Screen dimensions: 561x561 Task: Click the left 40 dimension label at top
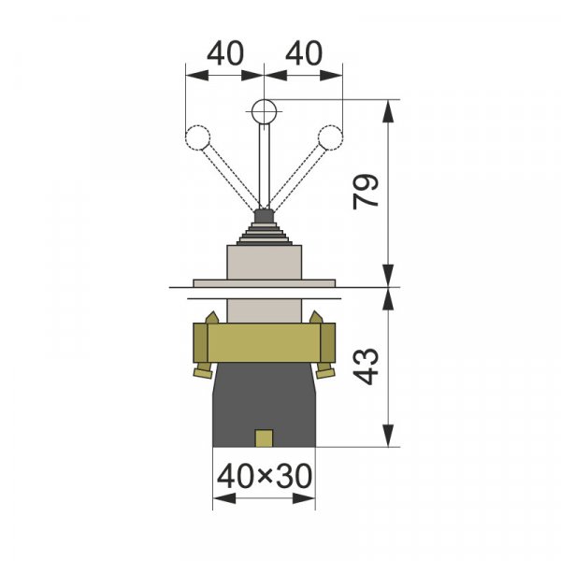(225, 53)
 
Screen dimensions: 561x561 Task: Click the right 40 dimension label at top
(304, 53)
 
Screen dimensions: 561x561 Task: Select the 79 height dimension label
(366, 192)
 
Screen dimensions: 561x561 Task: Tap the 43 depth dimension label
(366, 366)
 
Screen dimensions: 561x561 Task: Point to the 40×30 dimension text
(265, 476)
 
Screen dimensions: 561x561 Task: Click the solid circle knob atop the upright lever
(264, 111)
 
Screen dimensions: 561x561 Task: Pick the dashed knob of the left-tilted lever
(197, 137)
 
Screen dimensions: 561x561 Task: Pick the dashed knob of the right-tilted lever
(331, 137)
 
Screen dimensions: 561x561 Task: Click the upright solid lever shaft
(264, 166)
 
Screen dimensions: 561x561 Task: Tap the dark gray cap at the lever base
(264, 216)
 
